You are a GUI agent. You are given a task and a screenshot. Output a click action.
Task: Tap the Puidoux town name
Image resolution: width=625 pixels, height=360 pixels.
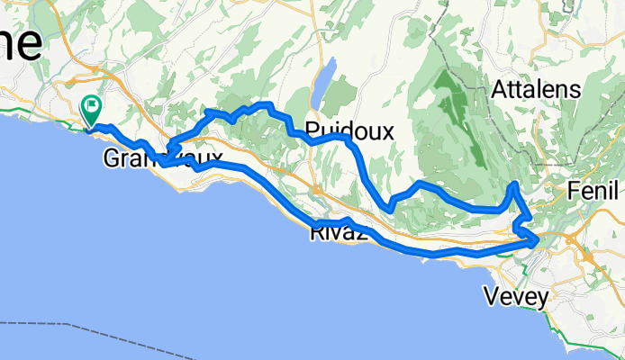[349, 131]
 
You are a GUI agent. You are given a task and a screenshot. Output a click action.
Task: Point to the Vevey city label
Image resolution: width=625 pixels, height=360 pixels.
[515, 295]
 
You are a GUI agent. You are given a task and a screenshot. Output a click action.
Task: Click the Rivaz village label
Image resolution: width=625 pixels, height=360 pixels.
[336, 234]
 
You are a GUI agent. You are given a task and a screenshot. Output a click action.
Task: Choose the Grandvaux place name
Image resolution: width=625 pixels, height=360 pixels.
[163, 158]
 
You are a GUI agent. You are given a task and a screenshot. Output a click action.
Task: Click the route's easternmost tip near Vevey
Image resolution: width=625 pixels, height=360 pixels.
[539, 240]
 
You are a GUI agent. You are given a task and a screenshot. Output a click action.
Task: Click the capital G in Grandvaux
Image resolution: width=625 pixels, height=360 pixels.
[112, 158]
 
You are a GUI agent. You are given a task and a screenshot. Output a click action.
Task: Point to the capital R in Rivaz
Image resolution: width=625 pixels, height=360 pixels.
[315, 234]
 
